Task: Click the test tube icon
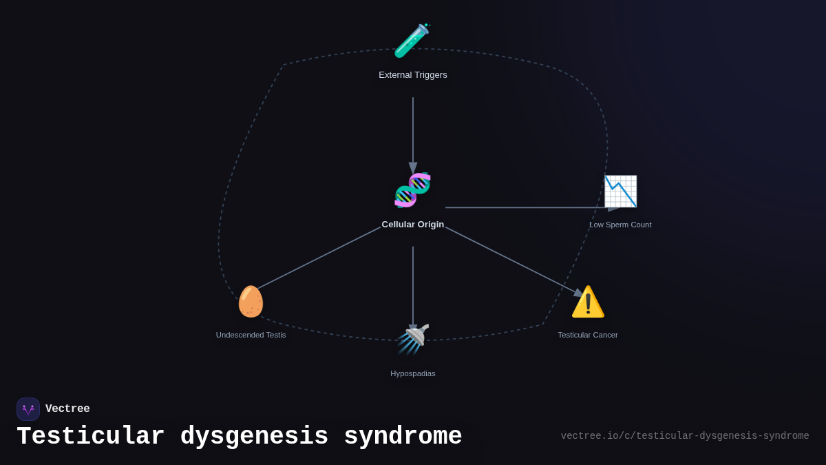point(412,41)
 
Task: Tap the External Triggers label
point(413,75)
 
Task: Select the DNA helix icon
point(412,190)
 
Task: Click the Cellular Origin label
point(413,225)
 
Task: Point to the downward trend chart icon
point(620,192)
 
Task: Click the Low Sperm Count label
point(620,225)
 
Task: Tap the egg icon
point(251,301)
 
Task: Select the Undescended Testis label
point(251,335)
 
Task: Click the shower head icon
point(413,339)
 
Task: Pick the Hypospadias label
point(413,373)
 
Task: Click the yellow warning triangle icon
point(588,302)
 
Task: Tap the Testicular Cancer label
point(588,335)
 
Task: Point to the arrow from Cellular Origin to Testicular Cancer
point(513,260)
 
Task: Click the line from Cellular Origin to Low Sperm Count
point(527,207)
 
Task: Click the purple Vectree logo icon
point(28,409)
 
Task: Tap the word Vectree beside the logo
point(67,409)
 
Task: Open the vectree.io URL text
point(685,436)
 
